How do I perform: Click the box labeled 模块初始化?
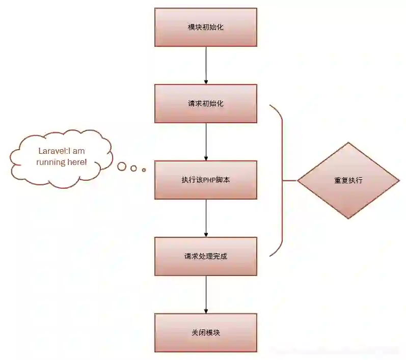click(x=206, y=27)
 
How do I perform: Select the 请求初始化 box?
click(x=206, y=103)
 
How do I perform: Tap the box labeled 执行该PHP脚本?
click(x=206, y=180)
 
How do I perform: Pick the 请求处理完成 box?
click(x=206, y=256)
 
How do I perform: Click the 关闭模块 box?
click(x=206, y=333)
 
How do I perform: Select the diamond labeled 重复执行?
click(x=348, y=180)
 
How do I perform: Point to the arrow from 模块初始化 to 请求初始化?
click(x=206, y=65)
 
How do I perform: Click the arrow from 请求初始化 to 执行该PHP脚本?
click(x=206, y=142)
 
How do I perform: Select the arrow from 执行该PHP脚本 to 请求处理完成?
click(x=206, y=218)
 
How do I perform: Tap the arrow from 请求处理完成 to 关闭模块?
click(x=206, y=294)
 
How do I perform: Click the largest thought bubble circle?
click(x=122, y=166)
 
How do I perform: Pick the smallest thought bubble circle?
click(x=144, y=170)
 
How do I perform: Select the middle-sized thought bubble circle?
click(x=134, y=168)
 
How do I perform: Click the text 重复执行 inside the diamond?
click(x=348, y=180)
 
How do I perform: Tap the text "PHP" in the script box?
click(x=210, y=180)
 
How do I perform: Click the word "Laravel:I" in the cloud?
click(x=54, y=151)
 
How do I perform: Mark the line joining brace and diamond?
click(x=290, y=180)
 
